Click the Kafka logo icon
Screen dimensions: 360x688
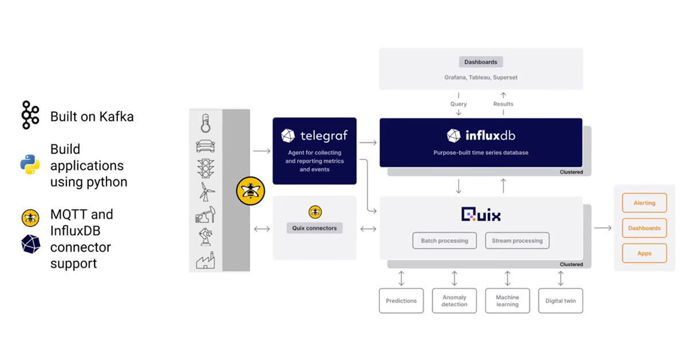coord(29,116)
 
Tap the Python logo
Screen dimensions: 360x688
coord(30,165)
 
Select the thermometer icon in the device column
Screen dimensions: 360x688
coord(206,123)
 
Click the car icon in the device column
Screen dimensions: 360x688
coord(206,146)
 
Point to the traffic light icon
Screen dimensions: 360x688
coord(206,169)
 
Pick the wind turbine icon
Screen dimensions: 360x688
coord(205,192)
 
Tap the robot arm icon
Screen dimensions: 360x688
coord(205,237)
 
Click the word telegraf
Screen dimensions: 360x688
coord(323,136)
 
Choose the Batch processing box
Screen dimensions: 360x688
coord(444,241)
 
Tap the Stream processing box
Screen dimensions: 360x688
coord(517,241)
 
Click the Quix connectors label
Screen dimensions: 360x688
coord(314,228)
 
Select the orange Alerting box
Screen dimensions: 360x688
coord(644,203)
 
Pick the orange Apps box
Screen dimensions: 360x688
coord(644,253)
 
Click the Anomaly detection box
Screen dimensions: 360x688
coord(454,301)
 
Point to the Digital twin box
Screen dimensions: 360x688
coord(560,301)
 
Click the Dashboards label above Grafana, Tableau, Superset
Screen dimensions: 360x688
coord(480,62)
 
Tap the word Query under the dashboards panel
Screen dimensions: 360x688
coord(458,104)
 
